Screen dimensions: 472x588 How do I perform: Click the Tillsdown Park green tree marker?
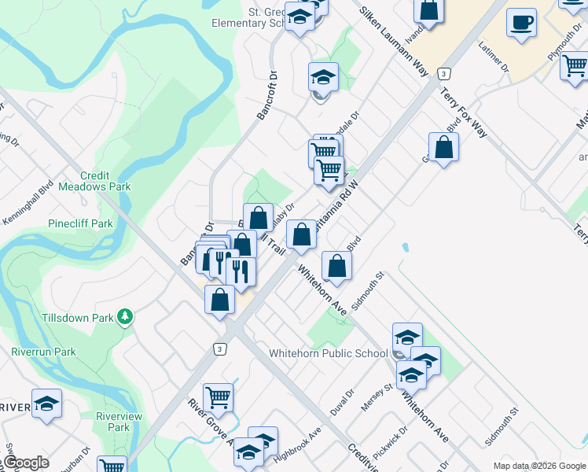click(x=124, y=317)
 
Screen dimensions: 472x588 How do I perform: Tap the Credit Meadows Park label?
click(x=105, y=181)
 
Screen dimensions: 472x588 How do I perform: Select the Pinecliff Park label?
click(x=80, y=223)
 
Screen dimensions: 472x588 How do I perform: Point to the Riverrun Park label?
click(x=44, y=352)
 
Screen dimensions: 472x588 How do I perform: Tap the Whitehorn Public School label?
click(x=328, y=353)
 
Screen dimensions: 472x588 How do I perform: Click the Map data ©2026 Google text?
click(x=538, y=466)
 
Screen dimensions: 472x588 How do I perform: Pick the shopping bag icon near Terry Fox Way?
click(x=443, y=147)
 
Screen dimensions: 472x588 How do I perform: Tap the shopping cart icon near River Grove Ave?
click(x=218, y=398)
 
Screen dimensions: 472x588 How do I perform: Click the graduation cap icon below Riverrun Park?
click(x=47, y=404)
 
